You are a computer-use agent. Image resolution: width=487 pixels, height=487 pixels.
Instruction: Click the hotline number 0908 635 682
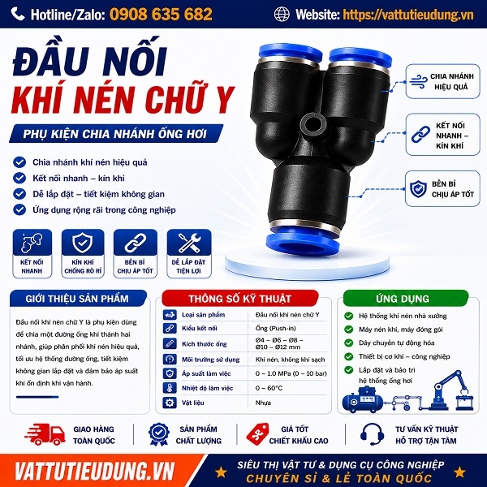(x=161, y=15)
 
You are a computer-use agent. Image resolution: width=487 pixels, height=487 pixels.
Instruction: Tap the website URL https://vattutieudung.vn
(x=408, y=15)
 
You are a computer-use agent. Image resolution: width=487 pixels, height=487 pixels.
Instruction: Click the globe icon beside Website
(x=282, y=15)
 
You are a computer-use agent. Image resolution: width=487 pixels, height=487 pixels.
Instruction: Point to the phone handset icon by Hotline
(x=18, y=14)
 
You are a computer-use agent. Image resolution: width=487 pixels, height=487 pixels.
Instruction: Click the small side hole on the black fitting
(x=312, y=124)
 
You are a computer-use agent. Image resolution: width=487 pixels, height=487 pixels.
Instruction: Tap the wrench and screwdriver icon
(x=189, y=243)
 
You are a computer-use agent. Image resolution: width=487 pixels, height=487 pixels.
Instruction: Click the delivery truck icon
(x=45, y=434)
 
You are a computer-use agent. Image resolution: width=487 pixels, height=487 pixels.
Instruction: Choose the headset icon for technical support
(x=372, y=434)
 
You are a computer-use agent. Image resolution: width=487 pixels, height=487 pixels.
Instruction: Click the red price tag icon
(x=257, y=434)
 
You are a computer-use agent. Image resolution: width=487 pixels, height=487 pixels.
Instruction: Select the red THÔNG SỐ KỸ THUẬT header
(x=239, y=299)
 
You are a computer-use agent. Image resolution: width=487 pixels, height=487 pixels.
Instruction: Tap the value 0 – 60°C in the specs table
(x=269, y=388)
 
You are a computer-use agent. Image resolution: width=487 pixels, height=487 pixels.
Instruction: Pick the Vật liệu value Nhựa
(x=263, y=403)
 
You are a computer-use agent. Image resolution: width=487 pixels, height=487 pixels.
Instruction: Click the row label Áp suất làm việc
(x=206, y=373)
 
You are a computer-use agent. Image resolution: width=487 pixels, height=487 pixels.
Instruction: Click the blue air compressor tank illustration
(x=363, y=400)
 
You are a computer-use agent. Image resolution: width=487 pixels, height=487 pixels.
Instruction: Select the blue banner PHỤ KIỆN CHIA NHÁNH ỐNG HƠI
(x=116, y=134)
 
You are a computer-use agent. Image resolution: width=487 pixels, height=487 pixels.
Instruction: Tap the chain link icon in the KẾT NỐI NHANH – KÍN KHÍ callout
(x=420, y=135)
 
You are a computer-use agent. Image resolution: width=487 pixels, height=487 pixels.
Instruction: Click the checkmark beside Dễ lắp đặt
(x=19, y=194)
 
